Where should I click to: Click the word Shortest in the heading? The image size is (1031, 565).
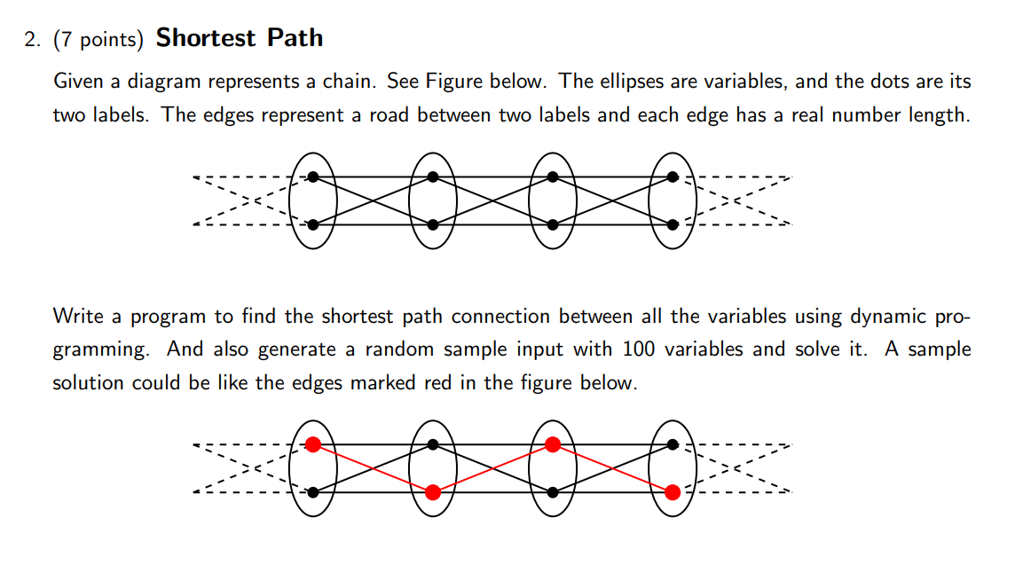[x=206, y=38]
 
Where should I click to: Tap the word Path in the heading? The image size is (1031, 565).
[x=294, y=38]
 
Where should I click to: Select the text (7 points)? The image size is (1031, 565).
[x=101, y=40]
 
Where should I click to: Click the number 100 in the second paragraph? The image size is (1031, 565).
[x=639, y=349]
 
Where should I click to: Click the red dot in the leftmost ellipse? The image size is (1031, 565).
[x=312, y=444]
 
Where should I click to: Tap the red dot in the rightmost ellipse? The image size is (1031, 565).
[x=673, y=491]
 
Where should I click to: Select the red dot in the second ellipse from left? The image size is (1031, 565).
[x=432, y=491]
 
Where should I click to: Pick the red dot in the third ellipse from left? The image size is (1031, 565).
[x=552, y=444]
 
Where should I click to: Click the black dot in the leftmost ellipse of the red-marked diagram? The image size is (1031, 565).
[x=312, y=491]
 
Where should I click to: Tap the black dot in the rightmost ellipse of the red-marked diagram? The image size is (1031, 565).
[x=673, y=444]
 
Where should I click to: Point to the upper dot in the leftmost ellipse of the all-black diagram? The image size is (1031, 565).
[x=312, y=177]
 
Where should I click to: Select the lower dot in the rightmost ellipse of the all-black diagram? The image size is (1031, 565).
[x=673, y=224]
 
